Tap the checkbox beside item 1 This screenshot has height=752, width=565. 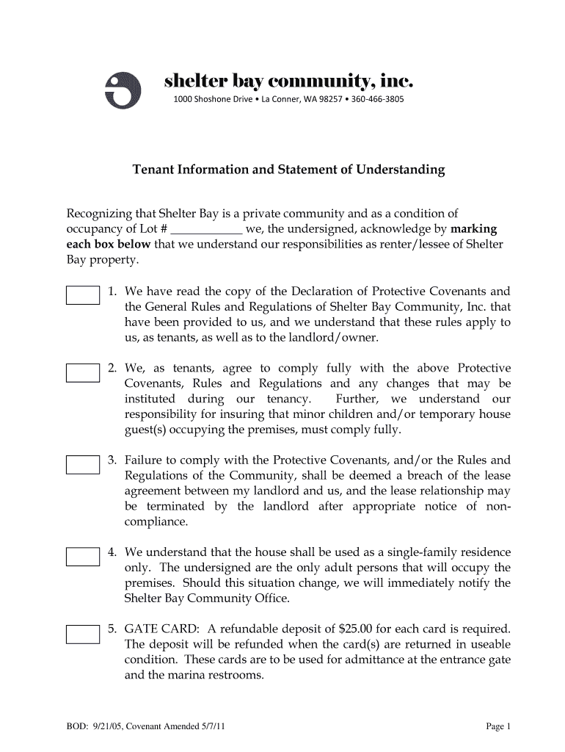(x=83, y=295)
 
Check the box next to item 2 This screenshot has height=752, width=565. (x=83, y=372)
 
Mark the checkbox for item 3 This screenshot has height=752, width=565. (x=83, y=464)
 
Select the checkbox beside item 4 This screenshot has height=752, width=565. (x=83, y=556)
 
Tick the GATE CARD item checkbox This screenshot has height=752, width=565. (x=83, y=634)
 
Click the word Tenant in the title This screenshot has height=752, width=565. (x=152, y=170)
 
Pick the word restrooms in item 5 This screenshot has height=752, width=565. (x=236, y=675)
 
